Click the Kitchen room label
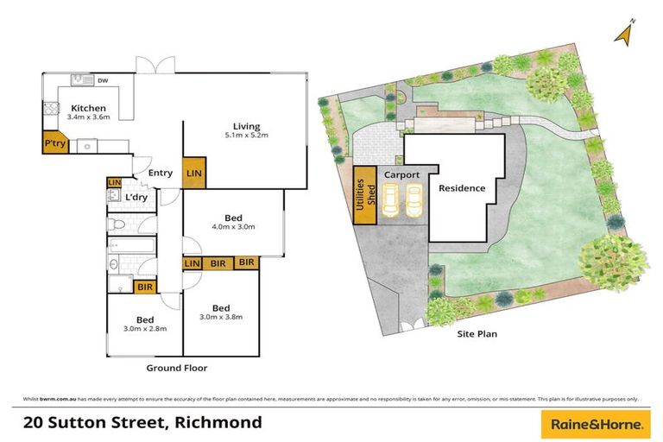[89, 108]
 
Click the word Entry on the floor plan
[160, 173]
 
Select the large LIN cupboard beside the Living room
[195, 174]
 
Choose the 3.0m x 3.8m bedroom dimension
[221, 317]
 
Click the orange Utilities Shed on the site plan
[367, 195]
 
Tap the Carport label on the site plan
[402, 174]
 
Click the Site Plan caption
[477, 333]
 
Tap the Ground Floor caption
[176, 368]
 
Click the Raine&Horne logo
[594, 423]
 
